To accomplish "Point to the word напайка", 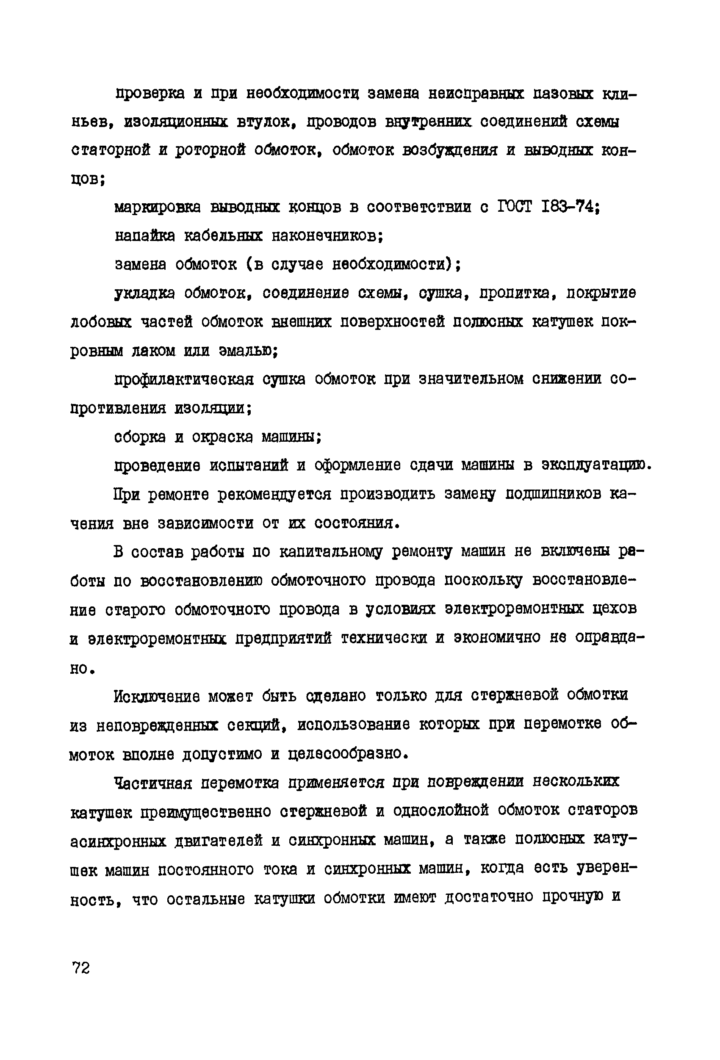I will click(x=144, y=236).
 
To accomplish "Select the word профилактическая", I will click(x=184, y=380).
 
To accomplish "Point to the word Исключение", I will click(x=157, y=696).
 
